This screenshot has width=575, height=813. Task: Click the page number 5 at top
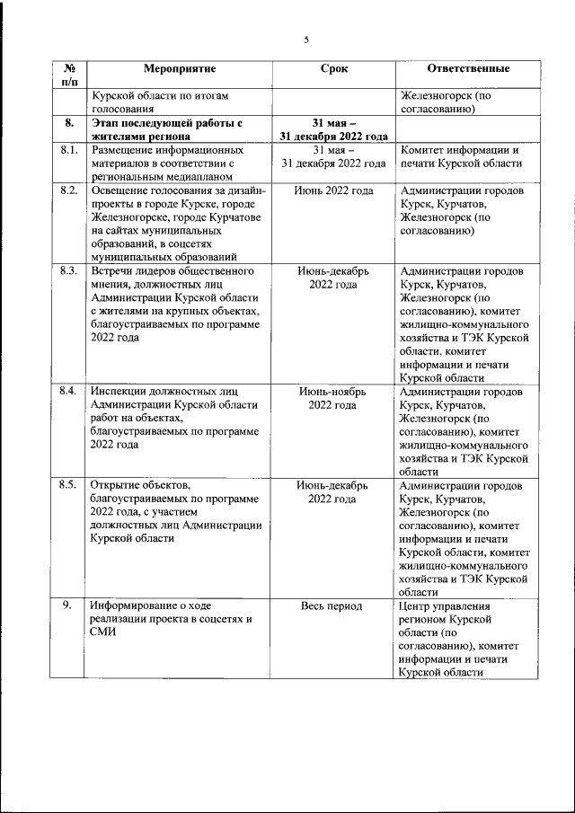[x=305, y=40]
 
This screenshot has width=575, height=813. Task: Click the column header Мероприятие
[x=180, y=68]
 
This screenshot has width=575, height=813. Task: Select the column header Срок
[x=333, y=68]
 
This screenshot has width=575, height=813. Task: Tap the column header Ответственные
[x=467, y=68]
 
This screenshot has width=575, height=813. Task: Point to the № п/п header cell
[x=70, y=75]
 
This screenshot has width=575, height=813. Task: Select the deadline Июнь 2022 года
[x=333, y=190]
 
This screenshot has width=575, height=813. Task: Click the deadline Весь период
[x=333, y=606]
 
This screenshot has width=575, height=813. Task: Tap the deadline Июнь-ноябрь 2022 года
[x=333, y=399]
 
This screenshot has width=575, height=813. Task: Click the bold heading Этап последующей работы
[x=168, y=123]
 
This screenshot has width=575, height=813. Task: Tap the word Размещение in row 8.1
[x=125, y=150]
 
